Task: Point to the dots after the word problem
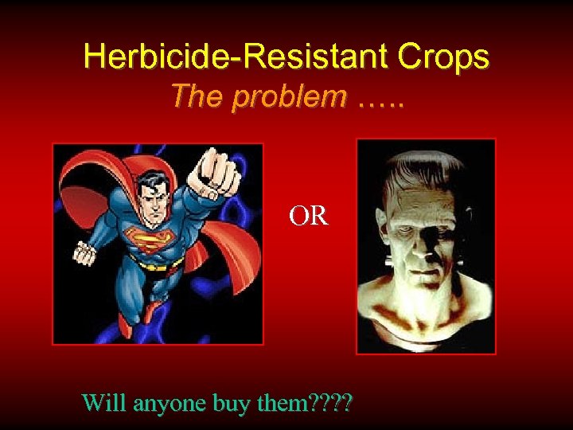(x=380, y=100)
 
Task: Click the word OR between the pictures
(x=309, y=216)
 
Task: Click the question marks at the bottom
(x=334, y=403)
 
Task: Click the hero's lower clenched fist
(x=84, y=253)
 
